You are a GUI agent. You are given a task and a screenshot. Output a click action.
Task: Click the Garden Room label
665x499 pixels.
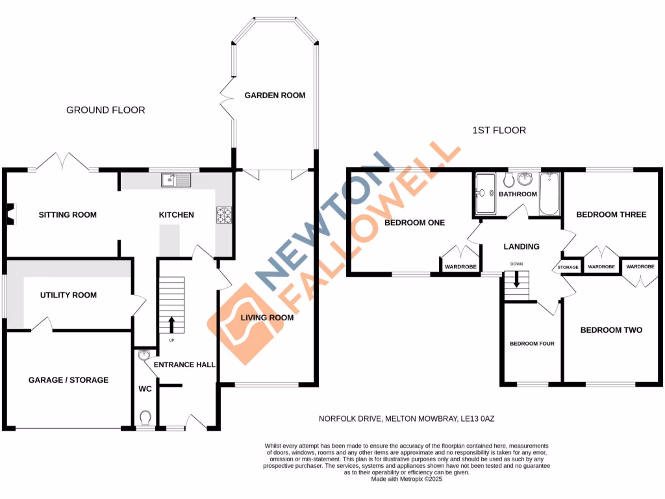[x=275, y=95]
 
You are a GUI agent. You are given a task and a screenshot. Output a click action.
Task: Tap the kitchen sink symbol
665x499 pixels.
[x=177, y=179]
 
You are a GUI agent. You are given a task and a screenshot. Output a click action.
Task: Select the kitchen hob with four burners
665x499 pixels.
[x=223, y=214]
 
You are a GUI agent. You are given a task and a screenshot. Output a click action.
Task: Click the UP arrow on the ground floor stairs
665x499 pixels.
[x=172, y=324]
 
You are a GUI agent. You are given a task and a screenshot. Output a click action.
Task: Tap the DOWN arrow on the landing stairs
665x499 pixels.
[x=517, y=279]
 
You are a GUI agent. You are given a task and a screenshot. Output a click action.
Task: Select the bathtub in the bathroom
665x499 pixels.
[x=549, y=194]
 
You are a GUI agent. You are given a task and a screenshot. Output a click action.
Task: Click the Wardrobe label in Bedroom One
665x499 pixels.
[x=460, y=267]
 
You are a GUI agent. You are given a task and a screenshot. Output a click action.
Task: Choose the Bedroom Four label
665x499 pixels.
[x=532, y=343]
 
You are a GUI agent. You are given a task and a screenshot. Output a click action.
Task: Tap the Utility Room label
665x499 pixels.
[x=68, y=295]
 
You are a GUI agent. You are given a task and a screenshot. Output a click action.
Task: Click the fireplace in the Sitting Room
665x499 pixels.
[x=9, y=211]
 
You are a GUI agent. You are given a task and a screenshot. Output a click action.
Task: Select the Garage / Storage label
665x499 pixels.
[x=68, y=379]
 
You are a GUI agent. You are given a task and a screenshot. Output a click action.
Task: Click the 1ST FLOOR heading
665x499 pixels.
[x=499, y=131]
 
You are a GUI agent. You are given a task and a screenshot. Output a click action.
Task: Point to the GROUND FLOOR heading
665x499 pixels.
[x=106, y=110]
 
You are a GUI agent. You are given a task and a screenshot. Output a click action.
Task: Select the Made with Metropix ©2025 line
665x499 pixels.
[x=407, y=479]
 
